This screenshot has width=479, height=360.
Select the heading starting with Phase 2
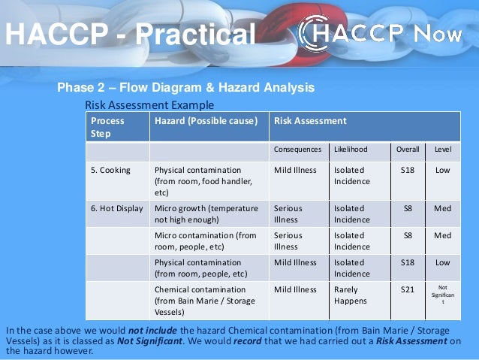186,89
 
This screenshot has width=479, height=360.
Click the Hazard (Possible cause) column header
206,120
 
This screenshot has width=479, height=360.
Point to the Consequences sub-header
297,150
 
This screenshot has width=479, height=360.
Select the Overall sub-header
408,150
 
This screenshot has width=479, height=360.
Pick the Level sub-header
443,150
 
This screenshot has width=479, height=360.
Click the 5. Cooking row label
110,170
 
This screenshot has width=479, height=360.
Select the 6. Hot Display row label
116,208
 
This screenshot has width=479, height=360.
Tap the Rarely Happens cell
351,295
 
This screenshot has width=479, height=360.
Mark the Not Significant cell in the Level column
443,295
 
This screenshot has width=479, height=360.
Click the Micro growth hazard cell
206,214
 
